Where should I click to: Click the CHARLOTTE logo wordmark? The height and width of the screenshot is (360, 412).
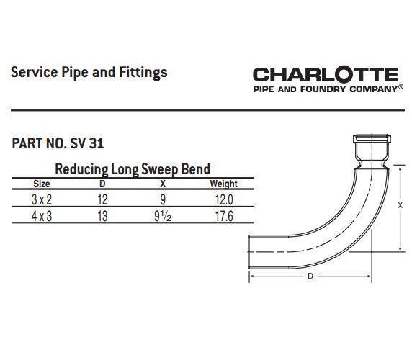pyautogui.click(x=326, y=75)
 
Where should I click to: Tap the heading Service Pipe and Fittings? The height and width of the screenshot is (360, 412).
pyautogui.click(x=89, y=73)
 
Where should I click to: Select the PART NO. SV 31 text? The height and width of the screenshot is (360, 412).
pyautogui.click(x=58, y=143)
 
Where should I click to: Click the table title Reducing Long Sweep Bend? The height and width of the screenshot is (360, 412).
pyautogui.click(x=133, y=169)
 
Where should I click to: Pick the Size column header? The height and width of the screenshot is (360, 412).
pyautogui.click(x=42, y=184)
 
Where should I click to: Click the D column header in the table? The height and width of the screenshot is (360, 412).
pyautogui.click(x=102, y=184)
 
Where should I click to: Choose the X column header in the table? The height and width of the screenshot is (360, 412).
pyautogui.click(x=163, y=184)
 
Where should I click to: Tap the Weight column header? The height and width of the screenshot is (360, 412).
pyautogui.click(x=223, y=184)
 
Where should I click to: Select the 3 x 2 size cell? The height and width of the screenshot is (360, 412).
pyautogui.click(x=42, y=199)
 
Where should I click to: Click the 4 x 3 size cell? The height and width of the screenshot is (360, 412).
pyautogui.click(x=42, y=216)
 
